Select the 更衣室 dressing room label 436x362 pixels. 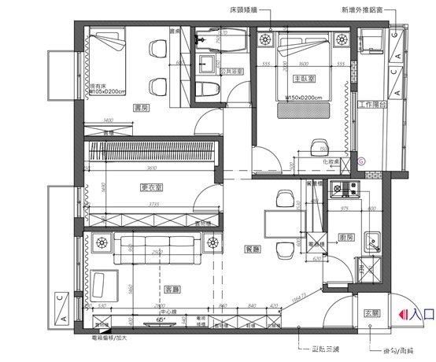[x=151, y=187]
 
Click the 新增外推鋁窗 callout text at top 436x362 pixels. [x=362, y=12]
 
